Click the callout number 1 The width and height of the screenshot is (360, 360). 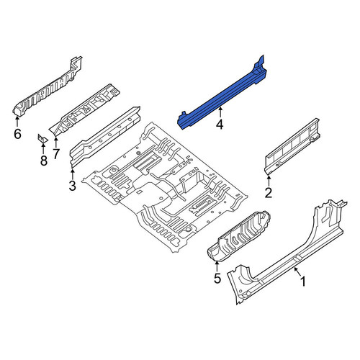tap(303, 282)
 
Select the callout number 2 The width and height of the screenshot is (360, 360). tap(269, 192)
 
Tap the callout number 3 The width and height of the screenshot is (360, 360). tap(72, 186)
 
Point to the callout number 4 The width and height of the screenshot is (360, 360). tap(220, 125)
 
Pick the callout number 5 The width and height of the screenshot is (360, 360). tap(217, 278)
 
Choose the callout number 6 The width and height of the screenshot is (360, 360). tap(17, 134)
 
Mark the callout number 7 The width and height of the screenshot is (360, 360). tap(55, 154)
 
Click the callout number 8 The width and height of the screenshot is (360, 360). tap(43, 161)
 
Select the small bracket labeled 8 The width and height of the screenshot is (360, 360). tap(42, 138)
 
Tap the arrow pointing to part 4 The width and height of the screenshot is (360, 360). tap(220, 112)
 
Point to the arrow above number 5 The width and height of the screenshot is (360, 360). tap(217, 266)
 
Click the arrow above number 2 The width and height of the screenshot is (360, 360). tap(269, 181)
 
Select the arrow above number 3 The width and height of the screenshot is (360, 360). tap(73, 174)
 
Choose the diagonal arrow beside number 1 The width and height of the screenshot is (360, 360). tap(297, 271)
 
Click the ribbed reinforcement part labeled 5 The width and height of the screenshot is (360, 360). tap(239, 236)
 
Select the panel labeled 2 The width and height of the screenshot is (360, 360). tap(292, 146)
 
